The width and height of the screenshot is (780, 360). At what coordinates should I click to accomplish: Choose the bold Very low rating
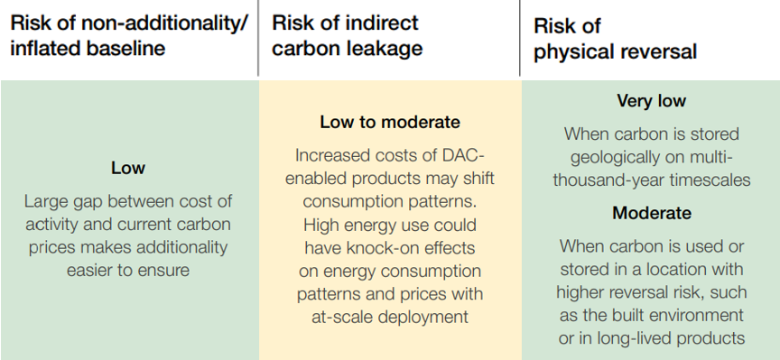tap(651, 101)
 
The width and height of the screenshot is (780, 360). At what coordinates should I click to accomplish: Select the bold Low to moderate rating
tap(389, 122)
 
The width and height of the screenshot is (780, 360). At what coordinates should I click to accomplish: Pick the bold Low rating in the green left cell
tap(127, 168)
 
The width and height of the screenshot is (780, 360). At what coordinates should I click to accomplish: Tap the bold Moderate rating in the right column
tap(651, 214)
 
